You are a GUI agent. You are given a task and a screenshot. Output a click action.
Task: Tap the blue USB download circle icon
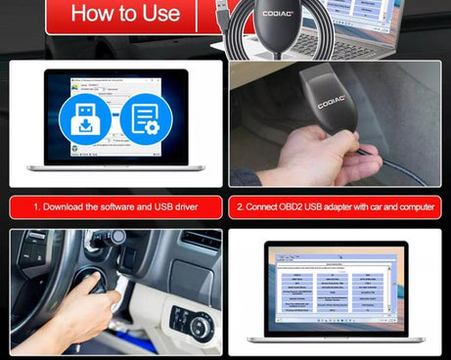point(85,125)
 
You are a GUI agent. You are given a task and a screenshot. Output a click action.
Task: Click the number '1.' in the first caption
point(36,208)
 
